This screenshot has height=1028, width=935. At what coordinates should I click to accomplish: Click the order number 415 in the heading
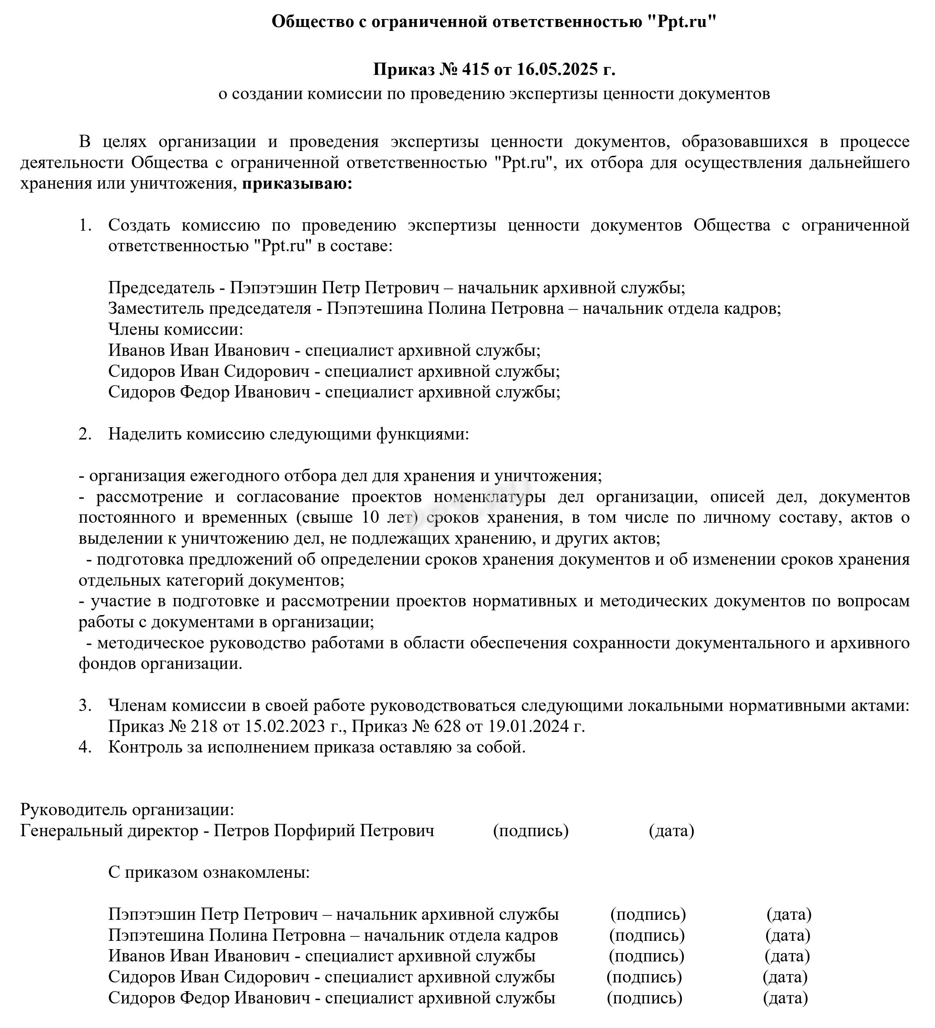[x=475, y=69]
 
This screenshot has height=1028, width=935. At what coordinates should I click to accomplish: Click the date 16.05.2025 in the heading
[x=557, y=69]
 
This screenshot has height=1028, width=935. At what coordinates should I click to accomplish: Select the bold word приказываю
[x=297, y=183]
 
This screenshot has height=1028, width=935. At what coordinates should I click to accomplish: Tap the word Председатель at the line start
[x=161, y=288]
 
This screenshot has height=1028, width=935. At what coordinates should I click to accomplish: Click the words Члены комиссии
[x=176, y=330]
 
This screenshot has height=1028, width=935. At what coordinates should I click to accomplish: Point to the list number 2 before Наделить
[x=84, y=434]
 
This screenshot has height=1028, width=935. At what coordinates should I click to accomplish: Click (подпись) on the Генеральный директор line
[x=530, y=831]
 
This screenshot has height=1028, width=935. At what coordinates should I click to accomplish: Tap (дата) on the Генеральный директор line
[x=671, y=831]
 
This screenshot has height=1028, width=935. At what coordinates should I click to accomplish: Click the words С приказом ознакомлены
[x=208, y=873]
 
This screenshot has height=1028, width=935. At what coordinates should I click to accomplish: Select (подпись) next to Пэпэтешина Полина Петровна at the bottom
[x=647, y=936]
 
